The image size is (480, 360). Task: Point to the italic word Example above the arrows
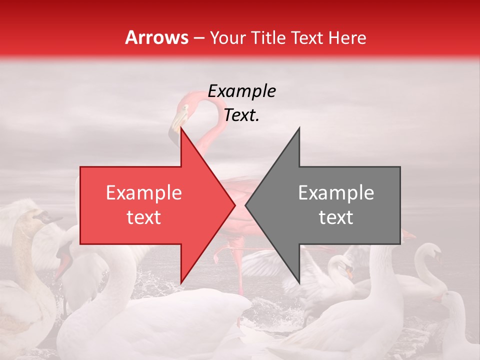click(241, 91)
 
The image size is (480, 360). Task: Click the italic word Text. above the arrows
click(241, 115)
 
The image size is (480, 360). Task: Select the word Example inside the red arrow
click(143, 193)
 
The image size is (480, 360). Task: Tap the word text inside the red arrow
click(143, 217)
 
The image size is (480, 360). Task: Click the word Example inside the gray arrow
click(336, 193)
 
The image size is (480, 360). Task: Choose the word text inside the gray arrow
click(336, 217)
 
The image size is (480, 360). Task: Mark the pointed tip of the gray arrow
click(246, 205)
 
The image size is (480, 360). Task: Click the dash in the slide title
click(198, 38)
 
